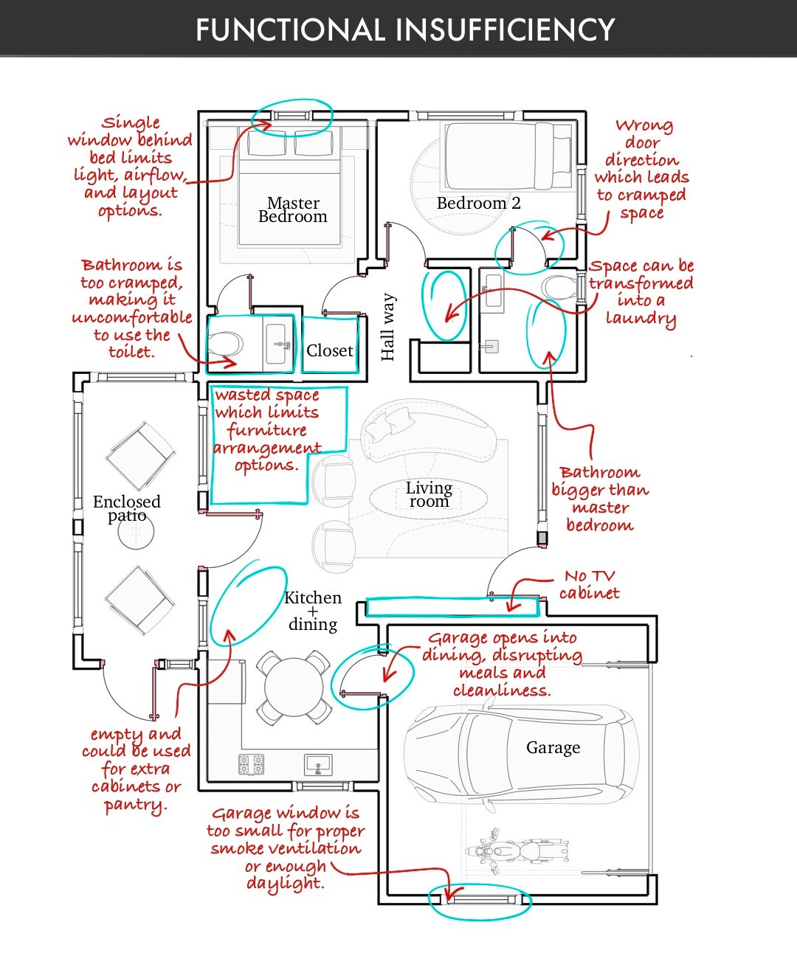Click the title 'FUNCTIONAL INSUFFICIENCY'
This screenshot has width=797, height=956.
tap(405, 30)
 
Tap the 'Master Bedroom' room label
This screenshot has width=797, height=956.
tap(293, 209)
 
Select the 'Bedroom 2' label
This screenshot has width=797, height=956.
tap(479, 203)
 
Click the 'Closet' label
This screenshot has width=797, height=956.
tap(330, 350)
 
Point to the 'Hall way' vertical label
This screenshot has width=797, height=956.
tap(388, 327)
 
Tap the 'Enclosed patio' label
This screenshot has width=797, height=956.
tap(127, 509)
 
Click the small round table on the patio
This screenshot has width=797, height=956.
tap(136, 531)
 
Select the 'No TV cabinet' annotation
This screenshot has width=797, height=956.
tap(589, 585)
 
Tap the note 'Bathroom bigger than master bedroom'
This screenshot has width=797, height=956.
tap(600, 499)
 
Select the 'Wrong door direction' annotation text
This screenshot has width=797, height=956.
tap(642, 170)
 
